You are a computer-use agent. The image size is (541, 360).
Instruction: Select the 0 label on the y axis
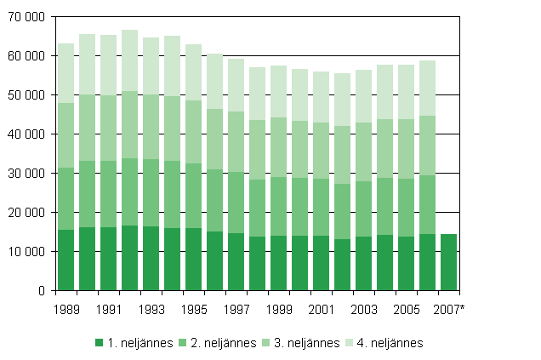(40, 291)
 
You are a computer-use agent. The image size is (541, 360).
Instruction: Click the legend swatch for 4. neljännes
(362, 343)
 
